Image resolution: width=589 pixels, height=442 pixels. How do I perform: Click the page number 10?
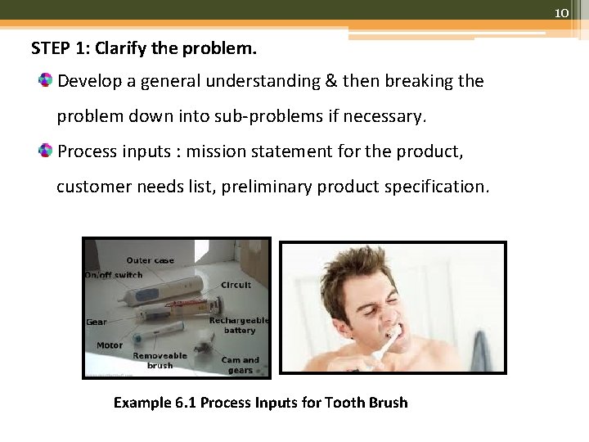561,13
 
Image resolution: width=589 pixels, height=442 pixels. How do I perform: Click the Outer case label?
150,260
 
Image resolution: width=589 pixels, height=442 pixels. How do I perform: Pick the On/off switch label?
113,275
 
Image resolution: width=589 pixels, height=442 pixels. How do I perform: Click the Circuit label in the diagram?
236,285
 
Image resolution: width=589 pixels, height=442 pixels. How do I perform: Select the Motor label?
110,345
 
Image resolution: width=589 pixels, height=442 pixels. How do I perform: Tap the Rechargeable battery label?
238,325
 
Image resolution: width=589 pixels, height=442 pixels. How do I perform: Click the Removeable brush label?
160,360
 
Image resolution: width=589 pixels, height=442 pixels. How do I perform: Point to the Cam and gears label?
241,364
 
